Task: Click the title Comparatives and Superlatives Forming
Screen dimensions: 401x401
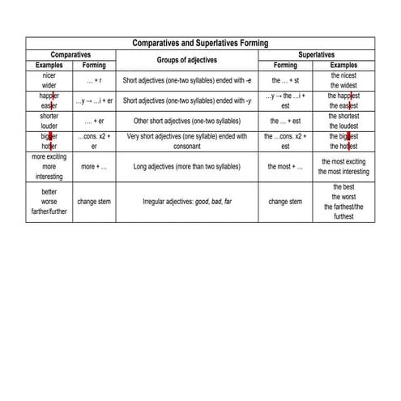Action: pos(200,43)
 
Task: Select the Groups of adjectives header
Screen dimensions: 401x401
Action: pos(186,59)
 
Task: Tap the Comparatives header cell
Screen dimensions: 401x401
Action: pos(70,54)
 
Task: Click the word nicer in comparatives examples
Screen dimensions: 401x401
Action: pos(48,75)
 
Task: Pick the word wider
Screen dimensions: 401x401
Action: pos(48,85)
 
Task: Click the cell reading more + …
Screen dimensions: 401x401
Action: pos(94,166)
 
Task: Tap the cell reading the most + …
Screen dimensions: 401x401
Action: pos(285,166)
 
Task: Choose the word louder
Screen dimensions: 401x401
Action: pos(48,126)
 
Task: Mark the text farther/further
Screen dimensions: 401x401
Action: pos(48,211)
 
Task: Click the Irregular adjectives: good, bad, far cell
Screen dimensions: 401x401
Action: pos(186,201)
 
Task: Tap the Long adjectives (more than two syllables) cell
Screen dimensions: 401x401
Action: pos(186,166)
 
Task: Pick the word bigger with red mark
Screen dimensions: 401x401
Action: pos(48,136)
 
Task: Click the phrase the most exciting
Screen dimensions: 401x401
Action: pos(343,161)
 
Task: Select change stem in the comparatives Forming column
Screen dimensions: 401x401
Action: pos(94,201)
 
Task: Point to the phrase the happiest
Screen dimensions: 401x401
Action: pos(343,95)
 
